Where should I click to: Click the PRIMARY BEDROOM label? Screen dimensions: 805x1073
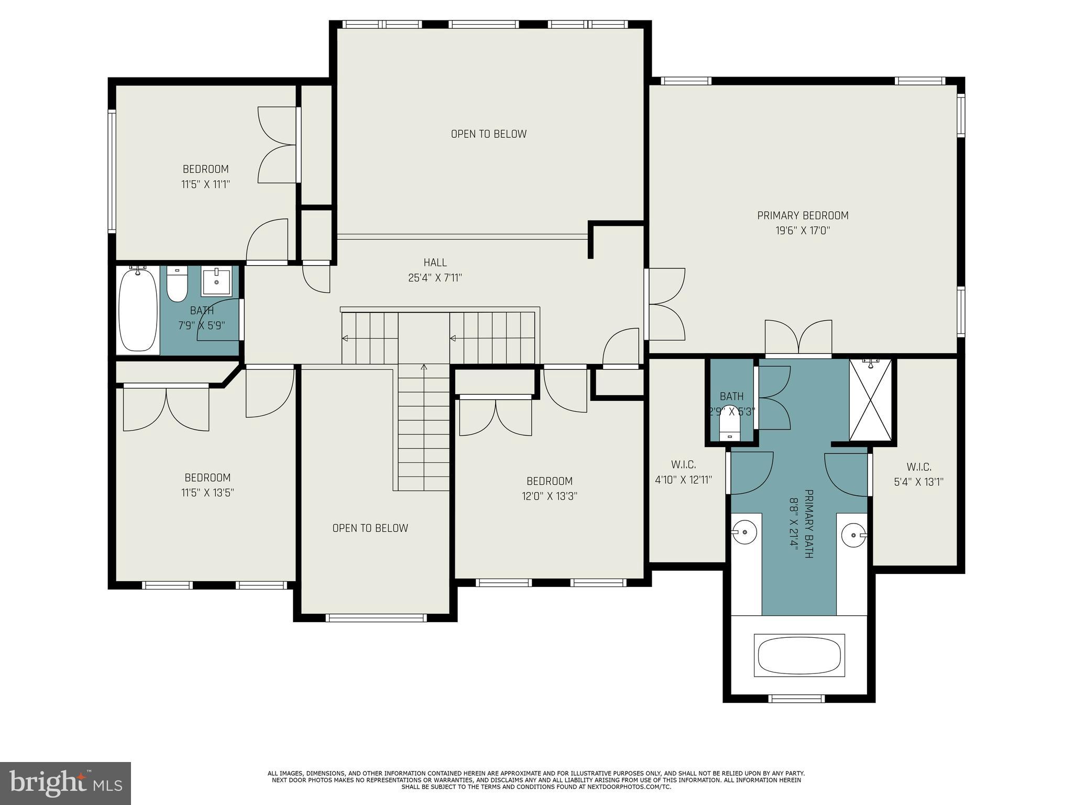pos(803,215)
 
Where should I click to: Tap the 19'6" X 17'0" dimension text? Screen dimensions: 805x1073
pos(803,231)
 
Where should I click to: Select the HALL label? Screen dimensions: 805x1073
pos(435,263)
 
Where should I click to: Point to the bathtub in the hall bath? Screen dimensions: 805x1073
pos(138,310)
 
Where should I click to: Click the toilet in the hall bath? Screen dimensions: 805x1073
pos(177,286)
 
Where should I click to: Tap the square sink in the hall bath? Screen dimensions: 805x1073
pos(216,280)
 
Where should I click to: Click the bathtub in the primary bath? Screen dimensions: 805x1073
pos(799,656)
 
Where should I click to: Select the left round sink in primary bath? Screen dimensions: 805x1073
pos(744,532)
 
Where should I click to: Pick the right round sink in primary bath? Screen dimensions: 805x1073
pos(853,535)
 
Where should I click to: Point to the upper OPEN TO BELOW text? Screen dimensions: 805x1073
pos(488,134)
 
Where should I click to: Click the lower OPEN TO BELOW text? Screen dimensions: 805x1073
pos(370,528)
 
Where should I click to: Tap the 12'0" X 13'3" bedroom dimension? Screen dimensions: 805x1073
pos(549,496)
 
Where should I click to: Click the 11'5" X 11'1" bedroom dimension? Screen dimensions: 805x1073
pos(205,184)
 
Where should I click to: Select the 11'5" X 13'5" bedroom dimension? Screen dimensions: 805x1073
pos(207,493)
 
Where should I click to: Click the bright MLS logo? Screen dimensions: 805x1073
pos(65,784)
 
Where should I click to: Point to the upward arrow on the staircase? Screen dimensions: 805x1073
pos(424,368)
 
